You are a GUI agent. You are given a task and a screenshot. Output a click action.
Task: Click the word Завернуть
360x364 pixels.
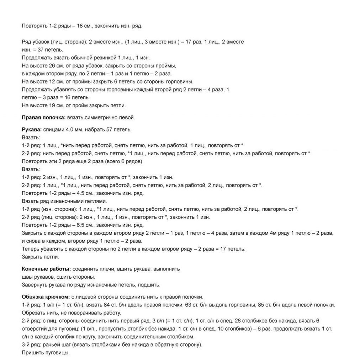coord(34,285)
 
